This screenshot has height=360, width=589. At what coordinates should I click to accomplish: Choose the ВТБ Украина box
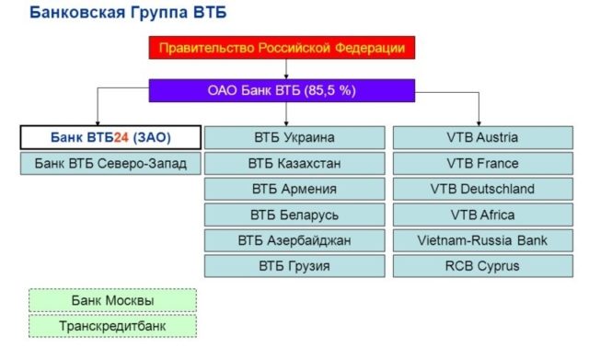click(x=294, y=137)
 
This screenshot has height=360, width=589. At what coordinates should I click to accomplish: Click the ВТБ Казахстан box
click(x=294, y=163)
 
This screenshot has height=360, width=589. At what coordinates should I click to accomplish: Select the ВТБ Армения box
click(x=294, y=189)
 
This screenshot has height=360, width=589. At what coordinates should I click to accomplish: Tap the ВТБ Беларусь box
click(x=294, y=215)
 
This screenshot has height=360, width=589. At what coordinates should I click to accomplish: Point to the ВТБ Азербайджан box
click(x=294, y=240)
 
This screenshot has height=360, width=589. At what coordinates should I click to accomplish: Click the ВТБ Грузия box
click(x=294, y=266)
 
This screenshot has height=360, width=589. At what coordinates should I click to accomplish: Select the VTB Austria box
click(x=482, y=137)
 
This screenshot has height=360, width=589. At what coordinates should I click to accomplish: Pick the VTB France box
click(x=482, y=163)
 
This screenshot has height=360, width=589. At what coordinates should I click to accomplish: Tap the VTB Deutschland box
click(x=482, y=189)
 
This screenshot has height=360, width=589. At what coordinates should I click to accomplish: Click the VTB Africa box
click(x=482, y=215)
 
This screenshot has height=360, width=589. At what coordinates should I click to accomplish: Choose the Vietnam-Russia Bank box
click(x=482, y=240)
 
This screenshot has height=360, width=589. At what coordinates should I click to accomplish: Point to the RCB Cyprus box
click(x=482, y=266)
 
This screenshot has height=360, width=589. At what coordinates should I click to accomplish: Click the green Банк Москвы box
click(x=112, y=301)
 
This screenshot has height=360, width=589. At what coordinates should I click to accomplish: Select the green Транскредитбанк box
click(x=112, y=326)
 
